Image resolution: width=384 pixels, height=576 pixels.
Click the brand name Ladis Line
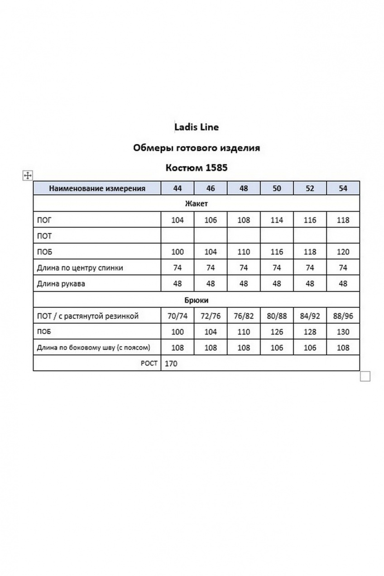pyautogui.click(x=197, y=127)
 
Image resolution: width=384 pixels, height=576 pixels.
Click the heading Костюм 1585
pyautogui.click(x=197, y=168)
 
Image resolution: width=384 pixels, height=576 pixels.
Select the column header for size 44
pyautogui.click(x=178, y=188)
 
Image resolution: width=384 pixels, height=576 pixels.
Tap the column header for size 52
pyautogui.click(x=310, y=188)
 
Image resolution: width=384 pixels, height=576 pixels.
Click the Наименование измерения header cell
pyautogui.click(x=97, y=188)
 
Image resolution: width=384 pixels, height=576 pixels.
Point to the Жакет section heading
pyautogui.click(x=197, y=204)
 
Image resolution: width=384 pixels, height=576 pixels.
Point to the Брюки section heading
pyautogui.click(x=197, y=300)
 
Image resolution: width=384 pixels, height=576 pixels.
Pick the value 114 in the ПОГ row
pyautogui.click(x=277, y=221)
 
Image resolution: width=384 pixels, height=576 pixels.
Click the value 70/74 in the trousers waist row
pyautogui.click(x=178, y=316)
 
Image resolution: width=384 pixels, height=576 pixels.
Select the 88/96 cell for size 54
pyautogui.click(x=343, y=316)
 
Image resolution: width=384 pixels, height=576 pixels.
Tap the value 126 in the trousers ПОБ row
pyautogui.click(x=277, y=332)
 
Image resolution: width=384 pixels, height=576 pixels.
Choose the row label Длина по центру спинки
pyautogui.click(x=80, y=268)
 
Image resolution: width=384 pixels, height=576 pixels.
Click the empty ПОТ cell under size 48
pyautogui.click(x=244, y=236)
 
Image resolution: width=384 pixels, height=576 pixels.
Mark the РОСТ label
pyautogui.click(x=149, y=363)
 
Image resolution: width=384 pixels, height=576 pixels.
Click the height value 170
pyautogui.click(x=171, y=364)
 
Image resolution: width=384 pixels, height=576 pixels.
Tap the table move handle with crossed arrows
pyautogui.click(x=27, y=176)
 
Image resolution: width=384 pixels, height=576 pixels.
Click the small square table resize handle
pyautogui.click(x=365, y=376)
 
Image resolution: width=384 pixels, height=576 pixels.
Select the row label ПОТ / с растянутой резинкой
pyautogui.click(x=87, y=316)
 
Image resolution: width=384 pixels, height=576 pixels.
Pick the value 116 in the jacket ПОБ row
pyautogui.click(x=277, y=252)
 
